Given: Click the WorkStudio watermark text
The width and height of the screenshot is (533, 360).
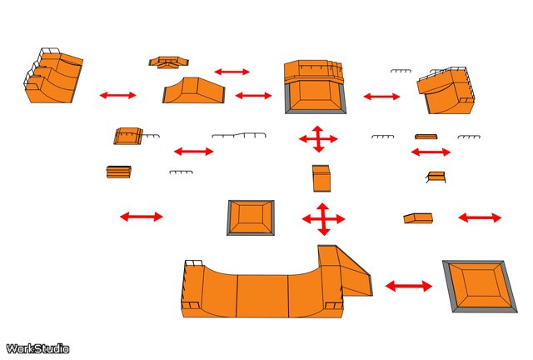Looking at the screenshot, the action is coord(37,349).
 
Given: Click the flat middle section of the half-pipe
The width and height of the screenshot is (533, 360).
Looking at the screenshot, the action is coord(262,296).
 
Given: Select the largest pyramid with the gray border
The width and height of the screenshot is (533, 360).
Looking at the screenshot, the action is coord(480,287).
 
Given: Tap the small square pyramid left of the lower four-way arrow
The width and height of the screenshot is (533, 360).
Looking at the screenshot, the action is coord(251,217).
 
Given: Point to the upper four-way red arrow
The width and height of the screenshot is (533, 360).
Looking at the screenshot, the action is coord(318,139).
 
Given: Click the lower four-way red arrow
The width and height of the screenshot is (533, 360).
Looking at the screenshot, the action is coord(324,219).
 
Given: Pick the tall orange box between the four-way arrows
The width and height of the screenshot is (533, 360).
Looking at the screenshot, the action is coord(321,178).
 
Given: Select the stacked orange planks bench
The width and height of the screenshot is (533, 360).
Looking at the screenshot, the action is coord(119,172).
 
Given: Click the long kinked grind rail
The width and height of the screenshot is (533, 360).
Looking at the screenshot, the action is coord(239,135).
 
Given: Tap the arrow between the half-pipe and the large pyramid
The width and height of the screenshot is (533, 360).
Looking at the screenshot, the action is coord(409,286).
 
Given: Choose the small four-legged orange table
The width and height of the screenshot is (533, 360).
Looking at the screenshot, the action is coord(436,177).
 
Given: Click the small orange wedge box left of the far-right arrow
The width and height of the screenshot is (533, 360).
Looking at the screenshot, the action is coord(418,218).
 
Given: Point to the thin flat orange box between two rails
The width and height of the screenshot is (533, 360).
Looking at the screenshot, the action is coord(426,137).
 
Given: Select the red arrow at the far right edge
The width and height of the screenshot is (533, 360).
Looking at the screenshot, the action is coord(480,217).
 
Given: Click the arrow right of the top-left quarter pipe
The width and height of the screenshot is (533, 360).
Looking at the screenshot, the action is coord(117,95).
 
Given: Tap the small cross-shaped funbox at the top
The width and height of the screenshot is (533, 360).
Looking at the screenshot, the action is coord(168,62).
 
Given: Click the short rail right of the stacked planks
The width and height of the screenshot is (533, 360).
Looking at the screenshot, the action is coord(182,172).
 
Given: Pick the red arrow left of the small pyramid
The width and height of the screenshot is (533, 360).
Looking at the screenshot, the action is coord(142,217).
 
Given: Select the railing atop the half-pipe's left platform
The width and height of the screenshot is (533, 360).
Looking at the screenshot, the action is coord(193,263).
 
